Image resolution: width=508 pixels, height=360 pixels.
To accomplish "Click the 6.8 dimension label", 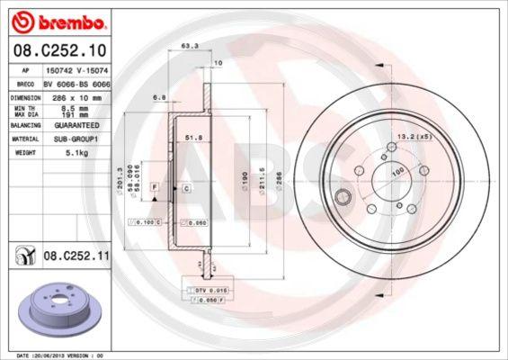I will click(x=160, y=96).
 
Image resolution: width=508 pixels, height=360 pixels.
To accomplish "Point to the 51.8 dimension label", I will click(x=191, y=137).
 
